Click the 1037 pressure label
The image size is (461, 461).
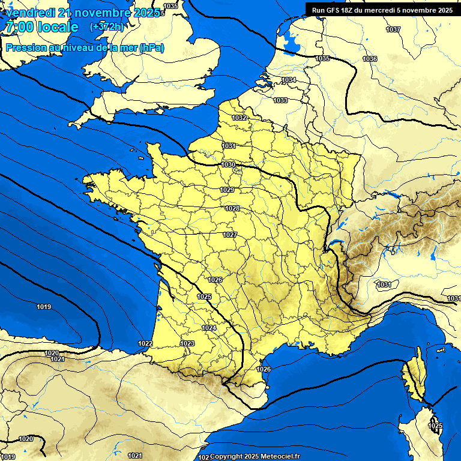pos(393,29)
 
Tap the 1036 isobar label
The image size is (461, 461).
pos(370,59)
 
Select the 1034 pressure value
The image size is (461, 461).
pos(289,80)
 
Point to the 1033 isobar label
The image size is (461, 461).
pos(280,100)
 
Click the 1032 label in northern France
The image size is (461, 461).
pos(240,118)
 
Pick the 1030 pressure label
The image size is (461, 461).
pos(228,164)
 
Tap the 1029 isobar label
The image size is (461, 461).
pos(227,190)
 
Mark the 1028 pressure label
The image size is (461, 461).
pos(232,208)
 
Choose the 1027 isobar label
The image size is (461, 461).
pos(230,235)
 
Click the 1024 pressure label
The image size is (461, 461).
pos(209,328)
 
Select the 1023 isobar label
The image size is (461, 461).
pos(187,343)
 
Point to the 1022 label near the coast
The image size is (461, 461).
pos(145,343)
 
